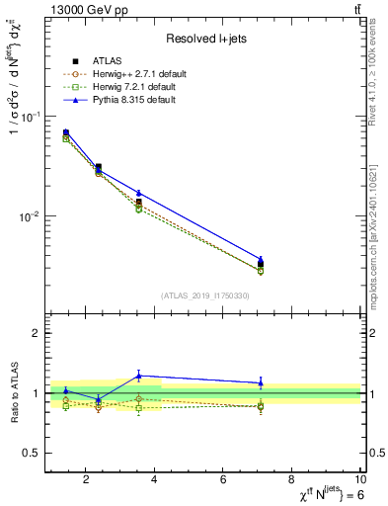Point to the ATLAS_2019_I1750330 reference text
(203, 295)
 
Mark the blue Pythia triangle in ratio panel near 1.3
(139, 376)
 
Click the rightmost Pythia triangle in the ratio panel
(261, 382)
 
